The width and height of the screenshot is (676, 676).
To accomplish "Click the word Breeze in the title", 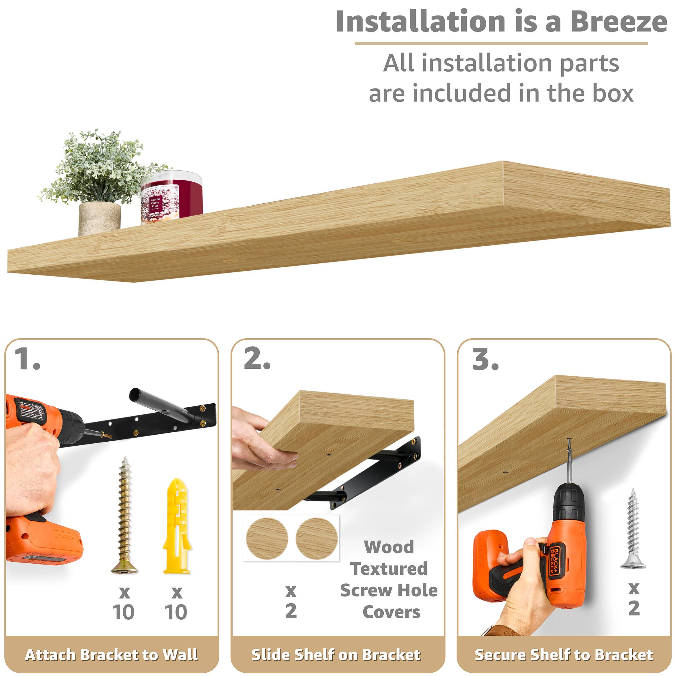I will point(618,22).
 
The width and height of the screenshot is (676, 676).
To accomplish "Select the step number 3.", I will point(485,359).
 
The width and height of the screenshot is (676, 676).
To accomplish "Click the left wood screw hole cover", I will point(267,539).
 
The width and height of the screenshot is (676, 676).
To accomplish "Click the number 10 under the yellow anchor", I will point(176,612).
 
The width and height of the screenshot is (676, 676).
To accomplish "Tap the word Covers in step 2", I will point(392,612).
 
